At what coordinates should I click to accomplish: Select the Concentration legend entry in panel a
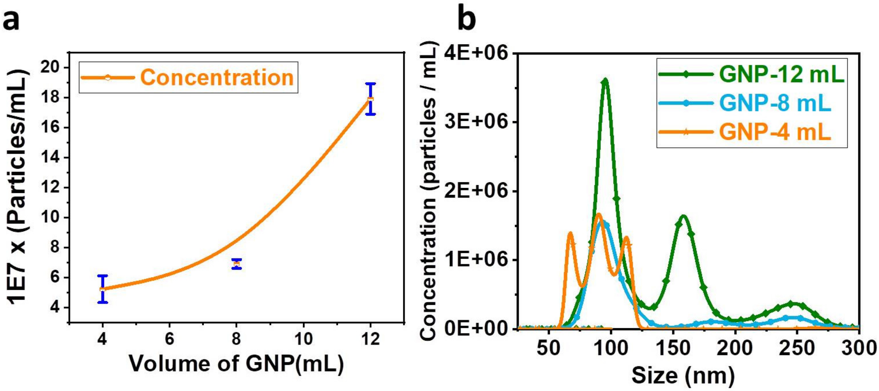188,77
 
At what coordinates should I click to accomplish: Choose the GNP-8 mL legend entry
744,103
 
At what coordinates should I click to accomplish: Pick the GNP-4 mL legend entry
744,132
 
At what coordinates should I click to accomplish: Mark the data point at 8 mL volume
236,264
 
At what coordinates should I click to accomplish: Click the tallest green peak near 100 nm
605,81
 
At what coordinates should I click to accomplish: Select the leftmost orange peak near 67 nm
570,234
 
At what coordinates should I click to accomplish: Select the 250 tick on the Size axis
797,348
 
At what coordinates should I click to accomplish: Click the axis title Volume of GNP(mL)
236,364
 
